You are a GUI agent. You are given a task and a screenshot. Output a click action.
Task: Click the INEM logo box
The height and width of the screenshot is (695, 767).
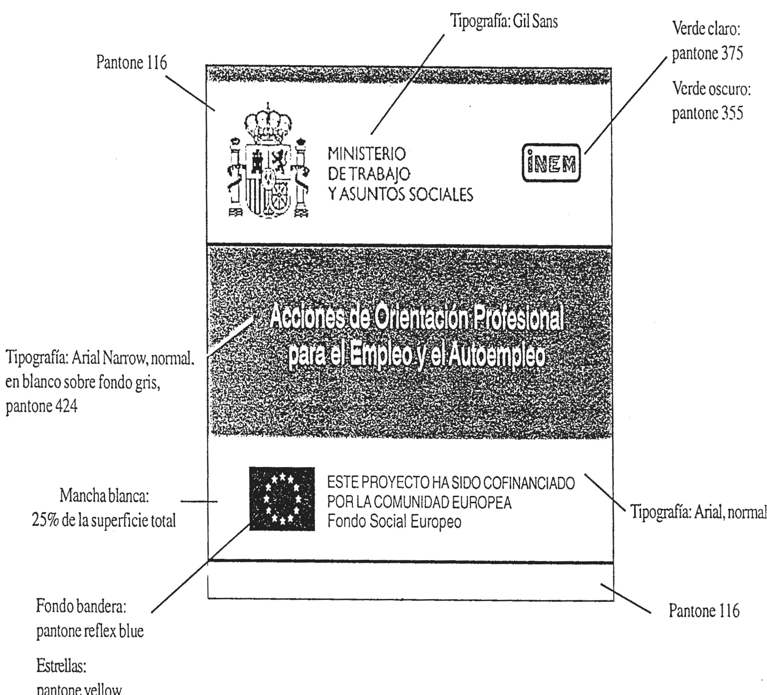tap(551, 163)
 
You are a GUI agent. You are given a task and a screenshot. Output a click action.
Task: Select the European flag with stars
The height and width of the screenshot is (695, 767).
tap(282, 498)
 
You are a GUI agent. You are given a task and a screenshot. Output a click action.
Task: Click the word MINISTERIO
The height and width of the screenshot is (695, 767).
tap(367, 154)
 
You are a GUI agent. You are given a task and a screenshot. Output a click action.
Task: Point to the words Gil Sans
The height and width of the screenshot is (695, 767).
tap(535, 21)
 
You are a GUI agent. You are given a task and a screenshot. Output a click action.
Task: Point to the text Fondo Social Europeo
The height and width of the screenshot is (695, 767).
tap(394, 521)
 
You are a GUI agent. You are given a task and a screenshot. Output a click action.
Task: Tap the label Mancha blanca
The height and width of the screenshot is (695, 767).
tap(104, 496)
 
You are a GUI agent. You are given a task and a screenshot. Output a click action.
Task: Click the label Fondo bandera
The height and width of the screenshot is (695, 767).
tap(81, 607)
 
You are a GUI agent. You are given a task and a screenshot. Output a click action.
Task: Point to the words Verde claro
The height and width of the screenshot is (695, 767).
tap(706, 29)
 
